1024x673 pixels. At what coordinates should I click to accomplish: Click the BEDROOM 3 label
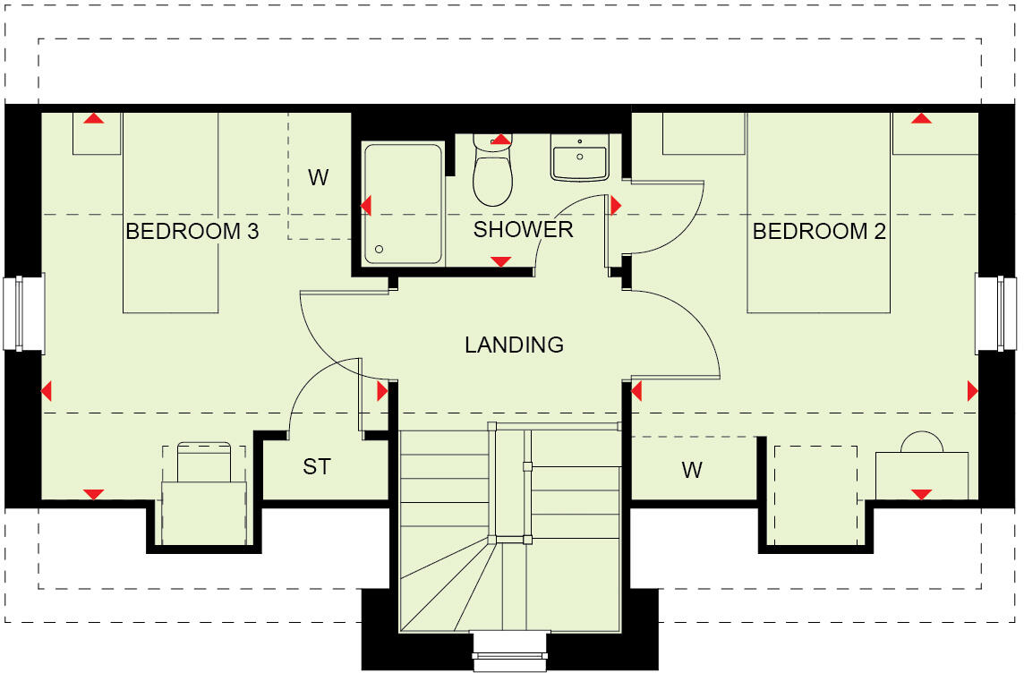coord(192,233)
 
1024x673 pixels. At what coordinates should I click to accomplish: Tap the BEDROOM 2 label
coord(819,233)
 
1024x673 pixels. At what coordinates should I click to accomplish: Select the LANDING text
coord(514,345)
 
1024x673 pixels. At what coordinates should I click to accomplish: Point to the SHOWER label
coord(523,230)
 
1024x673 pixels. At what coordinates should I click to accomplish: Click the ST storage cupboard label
coord(316,467)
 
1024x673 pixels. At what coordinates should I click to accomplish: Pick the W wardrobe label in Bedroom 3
coord(319,178)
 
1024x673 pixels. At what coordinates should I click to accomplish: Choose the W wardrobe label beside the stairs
coord(691,471)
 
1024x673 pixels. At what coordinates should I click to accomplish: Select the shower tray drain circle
coord(380,250)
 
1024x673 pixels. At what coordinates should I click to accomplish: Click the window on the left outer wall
coord(24,313)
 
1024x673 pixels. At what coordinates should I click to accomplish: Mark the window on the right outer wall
coord(996,313)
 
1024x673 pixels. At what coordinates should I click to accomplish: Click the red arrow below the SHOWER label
coord(501,261)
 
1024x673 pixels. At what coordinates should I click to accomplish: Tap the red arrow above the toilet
coord(501,140)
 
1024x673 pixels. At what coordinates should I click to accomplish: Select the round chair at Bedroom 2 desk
coord(922,443)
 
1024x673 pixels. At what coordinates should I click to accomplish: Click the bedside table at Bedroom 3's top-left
coord(96,135)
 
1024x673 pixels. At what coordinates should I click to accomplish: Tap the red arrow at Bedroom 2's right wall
coord(972,391)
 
